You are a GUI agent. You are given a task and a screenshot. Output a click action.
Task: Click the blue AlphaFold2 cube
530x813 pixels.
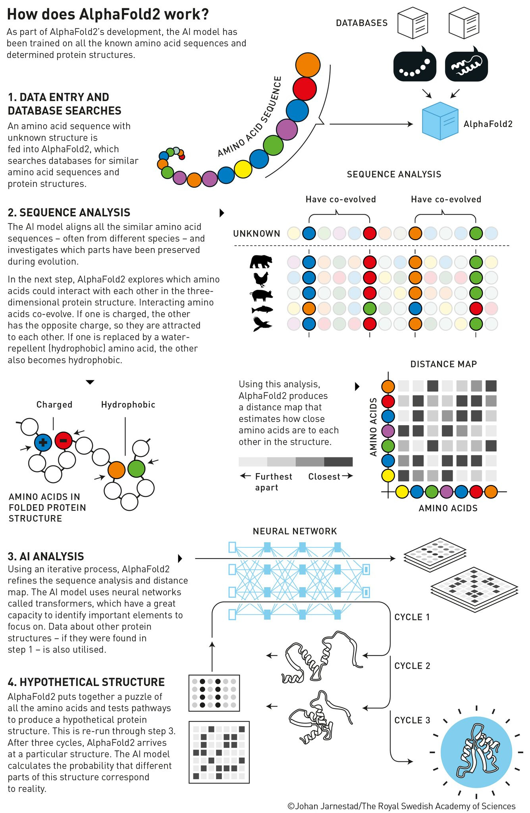pyautogui.click(x=440, y=121)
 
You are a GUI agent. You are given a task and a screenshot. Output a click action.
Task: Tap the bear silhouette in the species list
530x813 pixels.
pyautogui.click(x=261, y=262)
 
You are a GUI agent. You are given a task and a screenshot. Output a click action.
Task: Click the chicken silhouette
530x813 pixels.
pyautogui.click(x=262, y=279)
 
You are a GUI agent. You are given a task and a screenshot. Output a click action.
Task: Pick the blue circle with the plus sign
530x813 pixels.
pyautogui.click(x=43, y=442)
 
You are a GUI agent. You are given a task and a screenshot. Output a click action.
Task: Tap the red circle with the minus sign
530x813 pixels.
pyautogui.click(x=64, y=440)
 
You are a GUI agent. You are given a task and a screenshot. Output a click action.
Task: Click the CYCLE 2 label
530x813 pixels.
pyautogui.click(x=412, y=666)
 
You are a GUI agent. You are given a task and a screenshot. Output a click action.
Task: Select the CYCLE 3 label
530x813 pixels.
pyautogui.click(x=412, y=720)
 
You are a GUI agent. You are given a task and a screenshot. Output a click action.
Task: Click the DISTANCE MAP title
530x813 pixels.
pyautogui.click(x=443, y=364)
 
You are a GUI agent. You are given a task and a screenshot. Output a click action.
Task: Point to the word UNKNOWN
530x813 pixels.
pyautogui.click(x=256, y=233)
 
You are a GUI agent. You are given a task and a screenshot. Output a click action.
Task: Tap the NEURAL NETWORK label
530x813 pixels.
pyautogui.click(x=295, y=531)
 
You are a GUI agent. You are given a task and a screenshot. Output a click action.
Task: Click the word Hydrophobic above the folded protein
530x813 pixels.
pyautogui.click(x=128, y=405)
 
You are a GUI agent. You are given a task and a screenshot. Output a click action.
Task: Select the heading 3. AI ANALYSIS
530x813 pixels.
pyautogui.click(x=46, y=556)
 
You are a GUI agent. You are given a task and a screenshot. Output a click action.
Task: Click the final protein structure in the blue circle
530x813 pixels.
pyautogui.click(x=476, y=752)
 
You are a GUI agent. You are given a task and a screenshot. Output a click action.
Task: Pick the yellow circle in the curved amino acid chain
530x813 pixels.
pyautogui.click(x=243, y=169)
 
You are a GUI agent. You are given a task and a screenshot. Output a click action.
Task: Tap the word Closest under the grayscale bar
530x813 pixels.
pyautogui.click(x=324, y=476)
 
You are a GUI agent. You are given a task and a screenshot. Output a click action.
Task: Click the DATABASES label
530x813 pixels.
pyautogui.click(x=362, y=23)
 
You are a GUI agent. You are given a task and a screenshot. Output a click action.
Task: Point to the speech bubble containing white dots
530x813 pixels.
pyautogui.click(x=414, y=64)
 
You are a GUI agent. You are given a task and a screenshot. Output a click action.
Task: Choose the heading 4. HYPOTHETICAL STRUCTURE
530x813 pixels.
pyautogui.click(x=86, y=682)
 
